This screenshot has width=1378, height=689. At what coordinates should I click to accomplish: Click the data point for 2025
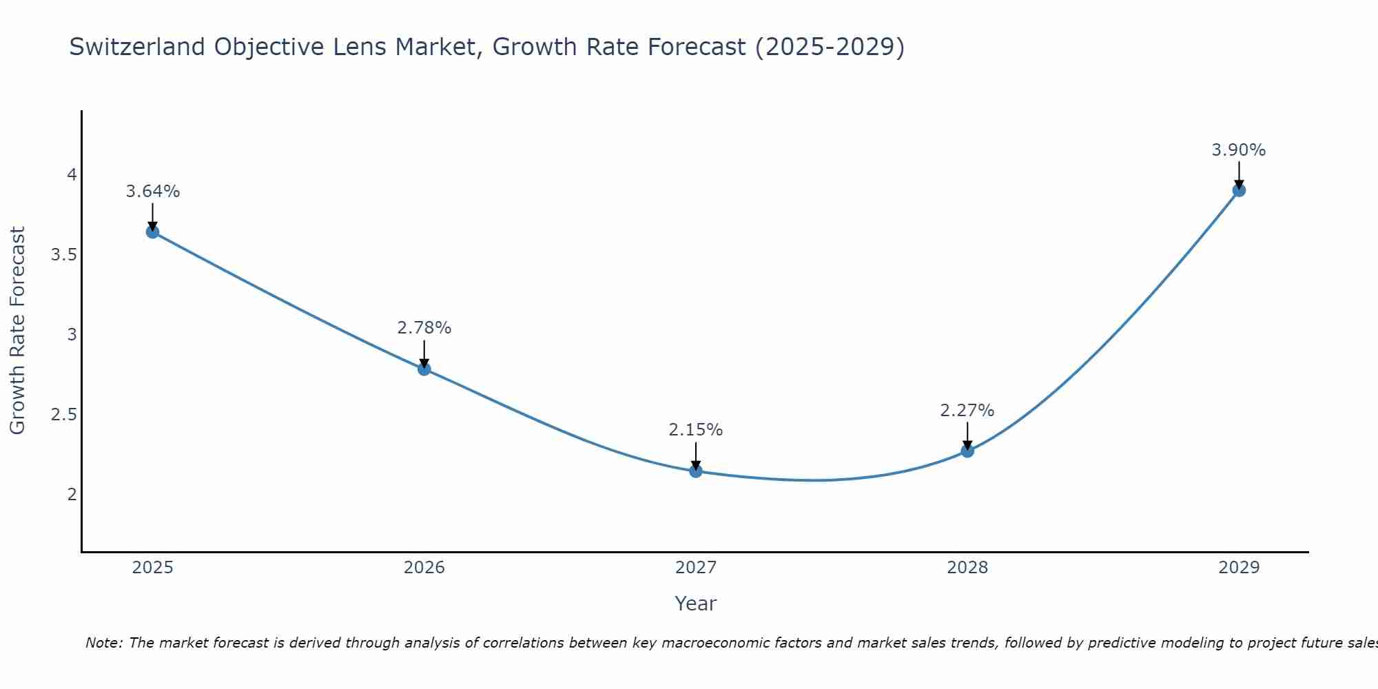pos(152,232)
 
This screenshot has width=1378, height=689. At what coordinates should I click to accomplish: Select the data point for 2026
pos(424,369)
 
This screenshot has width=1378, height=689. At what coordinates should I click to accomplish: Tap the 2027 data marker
pos(696,471)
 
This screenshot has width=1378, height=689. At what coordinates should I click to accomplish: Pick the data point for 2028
pos(967,451)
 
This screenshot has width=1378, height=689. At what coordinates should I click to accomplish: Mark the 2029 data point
pos(1239,190)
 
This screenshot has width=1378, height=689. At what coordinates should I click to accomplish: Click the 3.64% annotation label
pos(152,192)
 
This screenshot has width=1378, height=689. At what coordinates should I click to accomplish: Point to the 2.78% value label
pos(424,328)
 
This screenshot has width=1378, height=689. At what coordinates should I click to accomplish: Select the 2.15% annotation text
pos(696,430)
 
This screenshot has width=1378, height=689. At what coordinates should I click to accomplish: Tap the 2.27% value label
pos(967,411)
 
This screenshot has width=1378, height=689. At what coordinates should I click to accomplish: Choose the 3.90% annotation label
pos(1239,150)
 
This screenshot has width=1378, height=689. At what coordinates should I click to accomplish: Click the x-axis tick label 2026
pos(424,568)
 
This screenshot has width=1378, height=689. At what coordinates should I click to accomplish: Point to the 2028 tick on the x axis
pos(967,568)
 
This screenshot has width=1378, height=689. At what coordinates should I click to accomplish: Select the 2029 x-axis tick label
pos(1239,568)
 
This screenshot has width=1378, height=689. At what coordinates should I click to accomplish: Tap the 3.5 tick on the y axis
pos(63,255)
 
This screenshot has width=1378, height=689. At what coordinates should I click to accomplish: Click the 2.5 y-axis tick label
pos(63,415)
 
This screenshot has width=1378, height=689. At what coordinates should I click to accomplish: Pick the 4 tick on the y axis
pos(72,175)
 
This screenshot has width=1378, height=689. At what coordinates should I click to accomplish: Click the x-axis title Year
pos(696,604)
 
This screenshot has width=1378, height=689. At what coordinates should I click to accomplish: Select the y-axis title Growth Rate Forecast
pos(17,331)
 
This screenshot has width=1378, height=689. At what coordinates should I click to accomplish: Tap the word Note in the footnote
pos(103,643)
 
